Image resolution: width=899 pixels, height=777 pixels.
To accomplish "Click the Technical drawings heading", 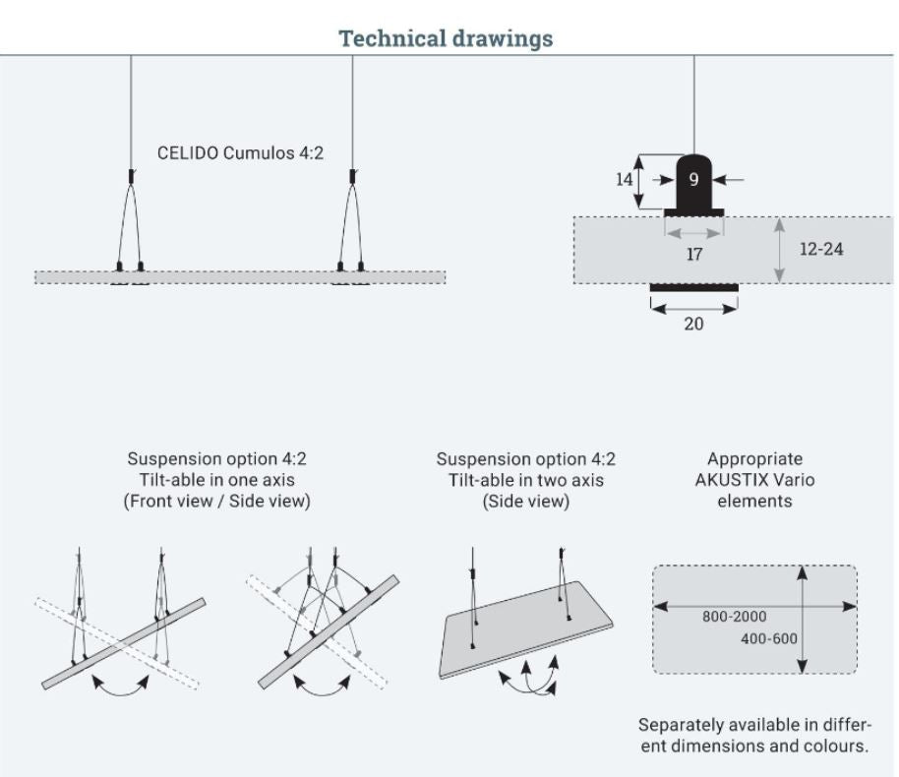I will pos(446,39).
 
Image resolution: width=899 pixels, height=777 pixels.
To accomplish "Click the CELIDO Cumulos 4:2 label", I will pos(240,153).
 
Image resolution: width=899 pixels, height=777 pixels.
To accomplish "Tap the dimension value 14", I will pos(625,180).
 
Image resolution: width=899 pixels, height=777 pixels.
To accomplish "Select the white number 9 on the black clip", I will pos(693,180).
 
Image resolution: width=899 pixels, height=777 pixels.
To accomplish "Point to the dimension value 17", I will pos(694,254).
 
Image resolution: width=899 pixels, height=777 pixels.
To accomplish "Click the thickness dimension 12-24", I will pos(820,249).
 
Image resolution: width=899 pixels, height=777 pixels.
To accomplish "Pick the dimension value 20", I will pos(693,324).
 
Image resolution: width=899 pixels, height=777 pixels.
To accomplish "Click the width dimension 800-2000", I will pos(734,617).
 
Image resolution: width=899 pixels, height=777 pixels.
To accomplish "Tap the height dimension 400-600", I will pos(768,638).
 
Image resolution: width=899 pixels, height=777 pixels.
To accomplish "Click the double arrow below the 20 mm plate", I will pos(693,308).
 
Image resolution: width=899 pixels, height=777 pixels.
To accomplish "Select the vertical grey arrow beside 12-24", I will pos(779,250).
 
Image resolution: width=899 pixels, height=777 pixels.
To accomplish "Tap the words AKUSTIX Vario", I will pos(754,480).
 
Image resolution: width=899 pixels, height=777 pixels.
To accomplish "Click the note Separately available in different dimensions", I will pos(754,735).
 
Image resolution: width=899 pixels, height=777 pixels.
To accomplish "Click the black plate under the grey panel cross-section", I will pos(693,287).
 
